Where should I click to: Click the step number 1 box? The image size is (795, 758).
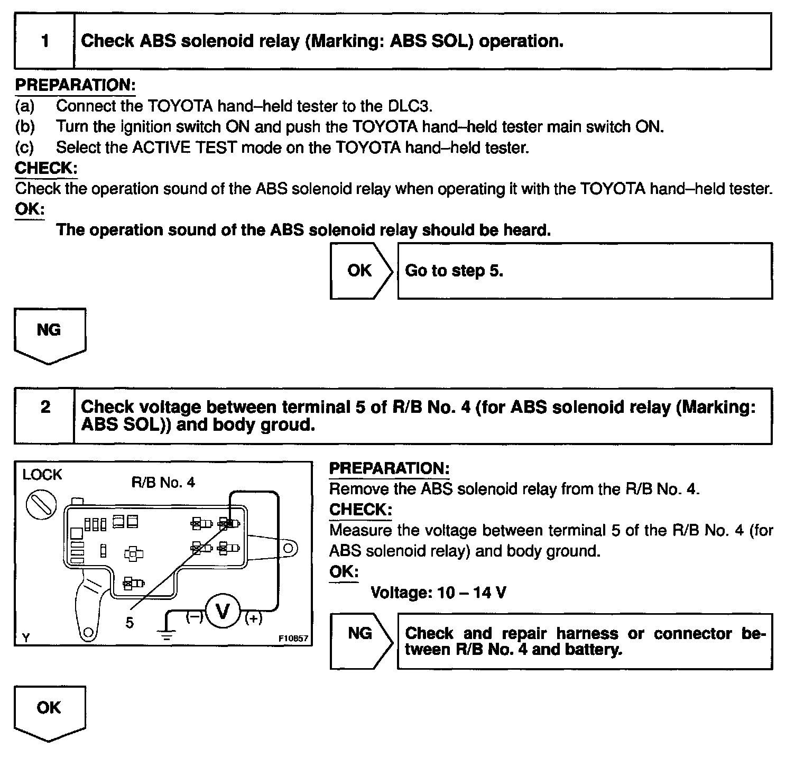coord(44,41)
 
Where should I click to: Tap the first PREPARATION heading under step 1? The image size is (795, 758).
coord(75,85)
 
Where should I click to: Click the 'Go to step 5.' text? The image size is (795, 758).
coord(454,271)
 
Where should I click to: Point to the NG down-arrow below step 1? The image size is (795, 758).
coord(49,334)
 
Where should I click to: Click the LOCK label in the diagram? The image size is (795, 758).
coord(42,475)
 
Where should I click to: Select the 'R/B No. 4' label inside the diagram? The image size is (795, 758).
coord(163,483)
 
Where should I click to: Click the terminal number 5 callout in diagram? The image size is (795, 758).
coord(130,623)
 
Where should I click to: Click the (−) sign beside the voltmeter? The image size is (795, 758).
coord(194,616)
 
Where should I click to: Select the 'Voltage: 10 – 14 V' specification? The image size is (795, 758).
coord(438,593)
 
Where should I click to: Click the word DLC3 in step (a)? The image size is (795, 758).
coord(410,106)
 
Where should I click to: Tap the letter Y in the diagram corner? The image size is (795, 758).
coord(26,638)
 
